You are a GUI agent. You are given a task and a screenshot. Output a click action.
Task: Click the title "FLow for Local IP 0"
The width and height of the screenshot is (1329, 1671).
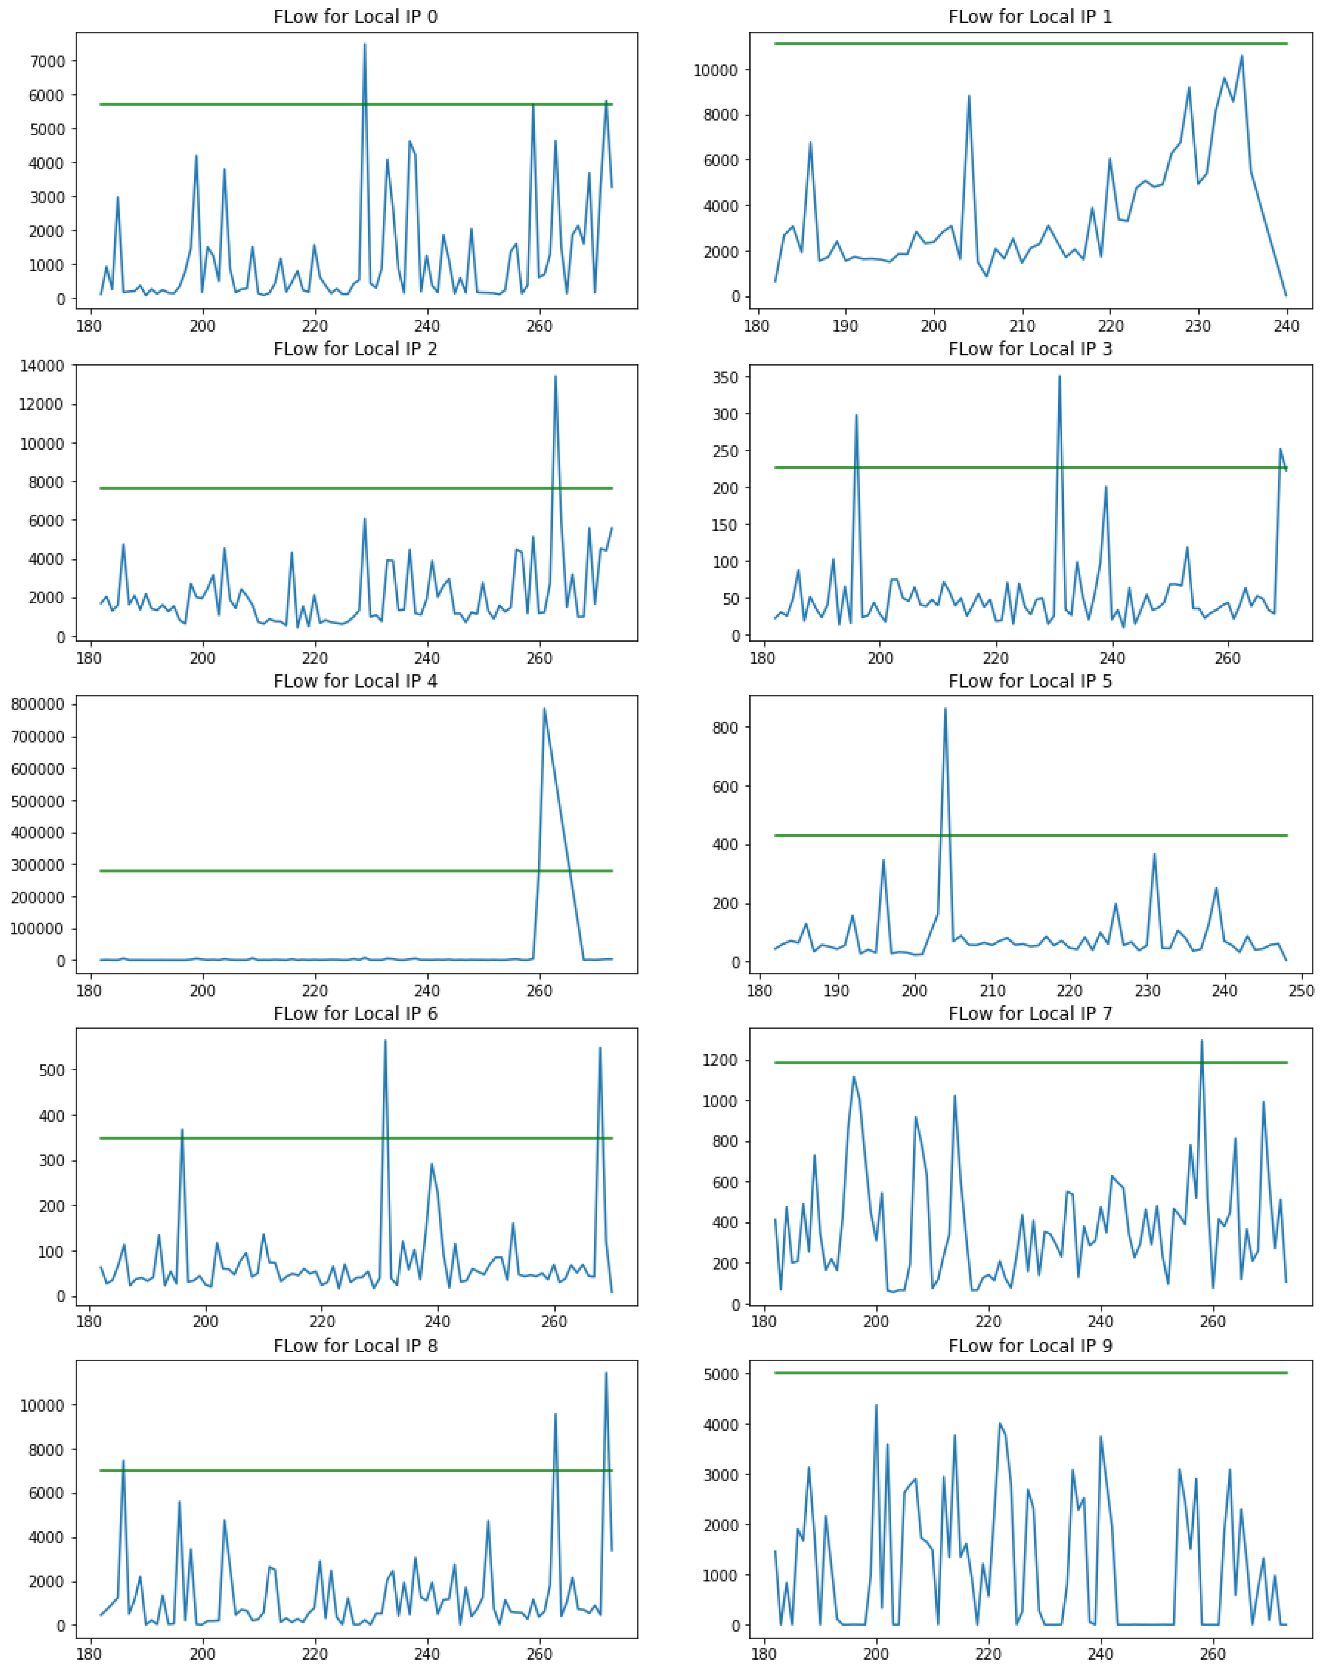(355, 17)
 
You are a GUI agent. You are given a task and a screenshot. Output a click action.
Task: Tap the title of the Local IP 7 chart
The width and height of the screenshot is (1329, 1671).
(1030, 1014)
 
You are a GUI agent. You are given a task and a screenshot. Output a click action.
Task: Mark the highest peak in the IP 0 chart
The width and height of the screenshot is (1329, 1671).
(365, 44)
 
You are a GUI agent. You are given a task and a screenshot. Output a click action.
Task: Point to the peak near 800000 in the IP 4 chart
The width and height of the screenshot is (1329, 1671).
(544, 708)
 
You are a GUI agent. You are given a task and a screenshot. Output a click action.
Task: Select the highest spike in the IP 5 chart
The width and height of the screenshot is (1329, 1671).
(945, 709)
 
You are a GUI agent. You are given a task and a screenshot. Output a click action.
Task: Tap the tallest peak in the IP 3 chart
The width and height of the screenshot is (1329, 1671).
(1059, 377)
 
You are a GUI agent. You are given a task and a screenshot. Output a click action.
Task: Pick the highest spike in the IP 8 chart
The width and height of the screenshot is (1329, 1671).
(606, 1373)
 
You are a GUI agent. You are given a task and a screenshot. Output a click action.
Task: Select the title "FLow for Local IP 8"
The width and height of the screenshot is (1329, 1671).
(355, 1346)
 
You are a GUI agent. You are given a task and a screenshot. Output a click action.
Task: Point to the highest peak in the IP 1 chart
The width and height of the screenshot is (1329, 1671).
(1241, 56)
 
